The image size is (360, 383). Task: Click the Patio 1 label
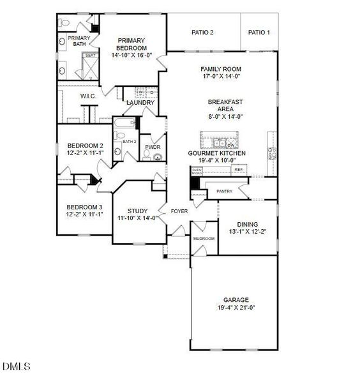(x=259, y=33)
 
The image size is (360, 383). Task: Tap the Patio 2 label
(x=203, y=33)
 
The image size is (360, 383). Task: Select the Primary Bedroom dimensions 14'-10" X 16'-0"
(x=132, y=56)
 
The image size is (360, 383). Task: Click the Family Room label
(x=221, y=69)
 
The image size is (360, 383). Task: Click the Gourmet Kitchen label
(x=216, y=154)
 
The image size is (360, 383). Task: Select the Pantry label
(x=224, y=191)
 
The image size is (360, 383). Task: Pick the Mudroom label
(x=204, y=239)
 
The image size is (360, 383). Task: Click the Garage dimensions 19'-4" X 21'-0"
(x=236, y=308)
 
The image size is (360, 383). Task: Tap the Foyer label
(x=179, y=211)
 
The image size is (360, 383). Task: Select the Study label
(x=137, y=211)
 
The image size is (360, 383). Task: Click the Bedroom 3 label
(x=84, y=207)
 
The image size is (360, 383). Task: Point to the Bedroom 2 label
(x=84, y=145)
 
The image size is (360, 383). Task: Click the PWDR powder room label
(x=153, y=147)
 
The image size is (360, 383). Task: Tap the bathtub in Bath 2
(x=123, y=121)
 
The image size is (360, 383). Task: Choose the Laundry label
(x=140, y=103)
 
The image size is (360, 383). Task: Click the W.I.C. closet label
(x=87, y=96)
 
